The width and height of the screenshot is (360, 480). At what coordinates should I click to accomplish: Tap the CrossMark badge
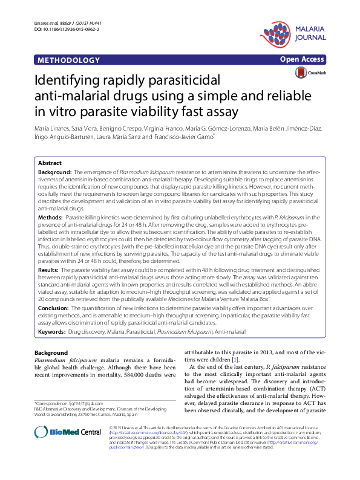pyautogui.click(x=310, y=73)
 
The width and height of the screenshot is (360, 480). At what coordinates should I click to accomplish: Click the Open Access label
pyautogui.click(x=303, y=60)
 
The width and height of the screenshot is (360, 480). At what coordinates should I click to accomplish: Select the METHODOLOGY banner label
pyautogui.click(x=68, y=60)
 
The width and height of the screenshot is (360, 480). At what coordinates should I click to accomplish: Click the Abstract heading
pyautogui.click(x=50, y=163)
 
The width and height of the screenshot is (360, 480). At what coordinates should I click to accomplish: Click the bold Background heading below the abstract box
pyautogui.click(x=51, y=353)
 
